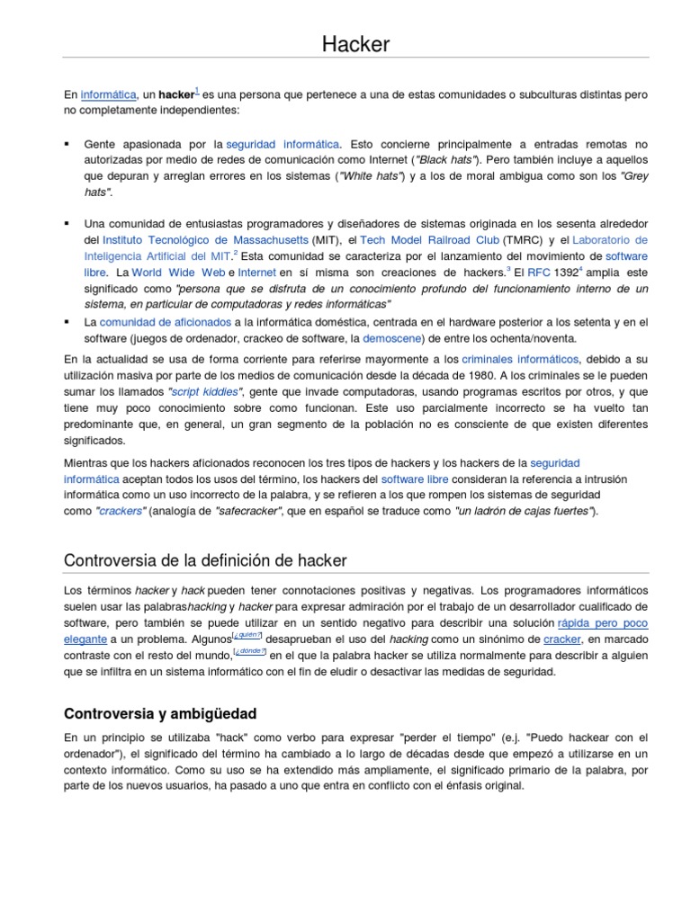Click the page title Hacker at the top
click(357, 43)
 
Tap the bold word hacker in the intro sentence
click(176, 94)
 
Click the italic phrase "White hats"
click(370, 176)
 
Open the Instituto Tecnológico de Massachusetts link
click(205, 240)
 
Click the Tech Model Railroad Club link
click(429, 240)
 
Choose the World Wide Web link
click(178, 272)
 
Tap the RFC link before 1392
click(538, 272)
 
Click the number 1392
click(566, 272)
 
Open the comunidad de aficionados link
click(165, 321)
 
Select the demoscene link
click(390, 338)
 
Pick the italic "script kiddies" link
click(207, 392)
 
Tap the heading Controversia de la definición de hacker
click(205, 560)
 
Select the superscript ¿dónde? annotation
click(249, 650)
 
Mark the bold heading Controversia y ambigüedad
click(160, 713)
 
